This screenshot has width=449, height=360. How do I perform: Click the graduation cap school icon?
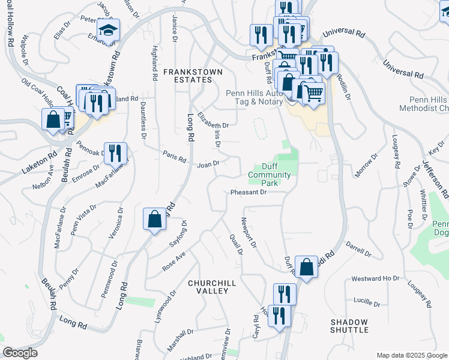click(109, 29)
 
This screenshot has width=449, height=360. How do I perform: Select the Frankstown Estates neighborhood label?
click(193, 76)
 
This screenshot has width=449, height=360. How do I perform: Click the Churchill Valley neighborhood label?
click(208, 286)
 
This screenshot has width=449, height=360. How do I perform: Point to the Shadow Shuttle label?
click(349, 326)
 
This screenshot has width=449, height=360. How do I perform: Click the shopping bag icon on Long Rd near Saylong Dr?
click(154, 219)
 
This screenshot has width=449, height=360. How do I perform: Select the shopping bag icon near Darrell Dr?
click(306, 267)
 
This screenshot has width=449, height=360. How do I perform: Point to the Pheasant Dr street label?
click(248, 193)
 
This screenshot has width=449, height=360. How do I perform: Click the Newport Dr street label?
click(249, 233)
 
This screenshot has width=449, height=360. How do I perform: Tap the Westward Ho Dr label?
click(375, 279)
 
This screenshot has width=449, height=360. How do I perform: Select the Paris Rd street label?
click(174, 157)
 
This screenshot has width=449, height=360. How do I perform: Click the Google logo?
click(20, 353)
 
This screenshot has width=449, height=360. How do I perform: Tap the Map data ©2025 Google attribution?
click(411, 355)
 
